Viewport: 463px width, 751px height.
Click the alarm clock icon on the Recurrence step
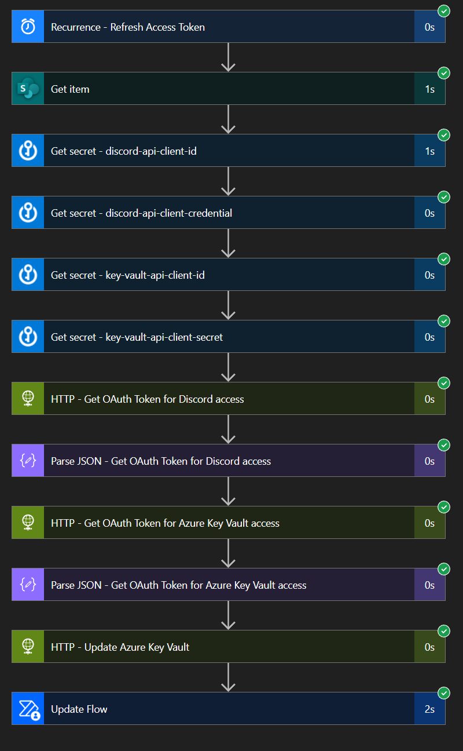(28, 27)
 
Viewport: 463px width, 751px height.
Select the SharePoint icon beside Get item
(28, 89)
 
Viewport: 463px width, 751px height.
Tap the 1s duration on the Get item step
(429, 89)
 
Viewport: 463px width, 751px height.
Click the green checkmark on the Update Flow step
(444, 693)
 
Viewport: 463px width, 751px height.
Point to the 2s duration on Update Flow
(429, 709)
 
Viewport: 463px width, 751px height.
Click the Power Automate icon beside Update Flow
(28, 709)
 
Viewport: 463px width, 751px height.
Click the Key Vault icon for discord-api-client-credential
(28, 213)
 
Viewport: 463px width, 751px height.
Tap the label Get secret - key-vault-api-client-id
(127, 275)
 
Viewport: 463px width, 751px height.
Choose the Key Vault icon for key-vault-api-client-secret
(28, 337)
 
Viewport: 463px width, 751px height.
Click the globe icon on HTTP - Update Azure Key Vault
(28, 647)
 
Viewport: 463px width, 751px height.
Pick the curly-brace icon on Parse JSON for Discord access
(28, 461)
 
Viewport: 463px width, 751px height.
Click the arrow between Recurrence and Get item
(229, 57)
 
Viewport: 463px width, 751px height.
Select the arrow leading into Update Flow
(229, 677)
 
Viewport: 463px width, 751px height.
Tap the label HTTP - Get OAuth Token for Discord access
(147, 399)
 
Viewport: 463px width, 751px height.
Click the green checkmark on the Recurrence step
(444, 11)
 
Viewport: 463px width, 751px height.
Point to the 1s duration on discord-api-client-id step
(429, 151)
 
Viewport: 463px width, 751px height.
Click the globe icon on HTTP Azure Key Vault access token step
(28, 523)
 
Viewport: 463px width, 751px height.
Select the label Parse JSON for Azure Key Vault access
(178, 585)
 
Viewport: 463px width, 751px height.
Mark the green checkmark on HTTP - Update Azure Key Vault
(444, 631)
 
